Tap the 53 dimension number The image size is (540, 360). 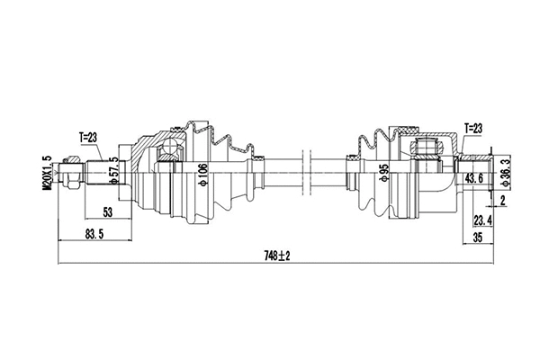click(107, 211)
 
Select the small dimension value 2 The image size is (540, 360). click(503, 201)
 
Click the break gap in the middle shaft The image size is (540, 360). click(308, 168)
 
